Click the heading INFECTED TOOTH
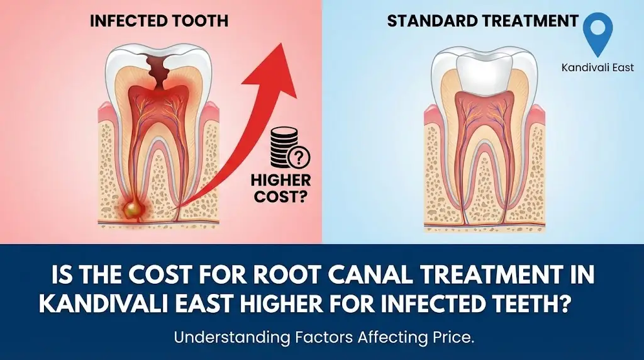[158, 21]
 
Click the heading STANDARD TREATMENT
[482, 21]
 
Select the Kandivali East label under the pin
[598, 67]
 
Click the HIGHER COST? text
[280, 188]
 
